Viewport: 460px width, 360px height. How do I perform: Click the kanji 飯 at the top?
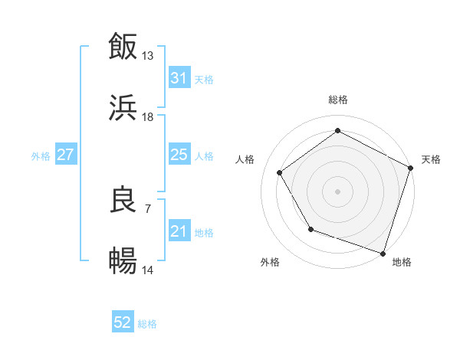click(123, 47)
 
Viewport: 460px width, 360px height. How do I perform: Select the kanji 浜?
click(123, 108)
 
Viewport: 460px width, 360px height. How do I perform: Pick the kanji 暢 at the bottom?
click(123, 262)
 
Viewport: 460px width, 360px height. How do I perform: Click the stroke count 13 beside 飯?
click(148, 56)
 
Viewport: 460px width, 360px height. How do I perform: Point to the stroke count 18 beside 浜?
click(148, 117)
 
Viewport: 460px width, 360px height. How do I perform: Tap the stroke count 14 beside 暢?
click(148, 270)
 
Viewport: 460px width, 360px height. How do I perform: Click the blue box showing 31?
click(179, 78)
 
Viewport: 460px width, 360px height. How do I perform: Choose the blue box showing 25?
click(179, 155)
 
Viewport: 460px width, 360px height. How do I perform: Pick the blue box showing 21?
click(179, 231)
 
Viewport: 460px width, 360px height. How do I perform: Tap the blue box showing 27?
click(66, 155)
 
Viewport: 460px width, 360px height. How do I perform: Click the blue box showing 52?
click(123, 323)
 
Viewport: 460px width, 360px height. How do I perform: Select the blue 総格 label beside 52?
click(147, 324)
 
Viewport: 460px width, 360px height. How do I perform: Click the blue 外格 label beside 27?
click(41, 155)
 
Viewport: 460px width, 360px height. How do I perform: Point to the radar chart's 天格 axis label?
click(431, 159)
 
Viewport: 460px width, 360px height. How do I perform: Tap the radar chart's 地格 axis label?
click(402, 263)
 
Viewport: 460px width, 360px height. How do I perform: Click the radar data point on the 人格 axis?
click(280, 172)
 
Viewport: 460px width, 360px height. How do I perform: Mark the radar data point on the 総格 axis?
click(337, 131)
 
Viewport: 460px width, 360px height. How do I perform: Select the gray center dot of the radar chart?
click(337, 191)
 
